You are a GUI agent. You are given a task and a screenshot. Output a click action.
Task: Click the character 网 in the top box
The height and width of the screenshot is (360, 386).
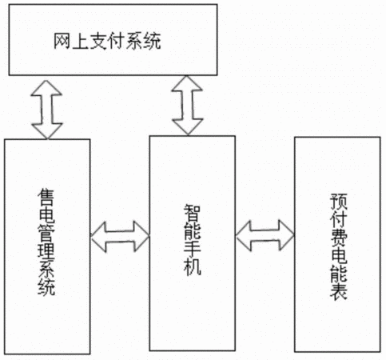pos(62,41)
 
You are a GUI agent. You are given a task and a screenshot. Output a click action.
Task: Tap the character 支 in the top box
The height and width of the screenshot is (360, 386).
pos(98,41)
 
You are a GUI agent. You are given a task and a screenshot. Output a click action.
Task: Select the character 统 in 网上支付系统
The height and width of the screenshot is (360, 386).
pos(153,41)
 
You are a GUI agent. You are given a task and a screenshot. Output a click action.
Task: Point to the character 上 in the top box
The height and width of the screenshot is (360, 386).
pos(81,41)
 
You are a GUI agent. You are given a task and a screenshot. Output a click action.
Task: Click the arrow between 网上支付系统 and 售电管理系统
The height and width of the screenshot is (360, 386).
pos(46,110)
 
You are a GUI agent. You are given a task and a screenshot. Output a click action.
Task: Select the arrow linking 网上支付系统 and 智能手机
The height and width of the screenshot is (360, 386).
pos(187,106)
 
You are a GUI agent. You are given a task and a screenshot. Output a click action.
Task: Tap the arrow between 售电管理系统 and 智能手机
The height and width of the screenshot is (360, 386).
pos(120,236)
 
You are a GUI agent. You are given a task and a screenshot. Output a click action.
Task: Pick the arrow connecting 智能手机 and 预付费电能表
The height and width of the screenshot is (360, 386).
pos(265,235)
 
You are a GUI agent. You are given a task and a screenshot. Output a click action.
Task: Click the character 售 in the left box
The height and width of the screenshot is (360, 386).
pos(46,198)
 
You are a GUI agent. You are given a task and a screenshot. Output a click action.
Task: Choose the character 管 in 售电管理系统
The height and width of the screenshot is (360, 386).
pos(46,234)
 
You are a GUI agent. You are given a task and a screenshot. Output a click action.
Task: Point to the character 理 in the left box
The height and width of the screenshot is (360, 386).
pos(46,251)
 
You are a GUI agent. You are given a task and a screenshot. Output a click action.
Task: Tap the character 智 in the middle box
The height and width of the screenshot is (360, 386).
pos(192,213)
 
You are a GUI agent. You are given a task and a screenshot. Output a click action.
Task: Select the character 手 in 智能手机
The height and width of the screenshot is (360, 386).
pos(192,249)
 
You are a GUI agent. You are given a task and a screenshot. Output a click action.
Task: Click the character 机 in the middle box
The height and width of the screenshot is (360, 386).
pos(192,266)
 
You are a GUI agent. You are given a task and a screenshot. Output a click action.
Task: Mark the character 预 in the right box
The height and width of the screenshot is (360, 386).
pos(339,202)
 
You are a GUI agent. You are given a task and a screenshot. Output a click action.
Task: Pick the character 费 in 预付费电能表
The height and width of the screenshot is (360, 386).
pos(339,238)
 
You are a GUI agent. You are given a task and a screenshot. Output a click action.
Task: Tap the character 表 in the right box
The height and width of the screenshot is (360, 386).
pos(339,291)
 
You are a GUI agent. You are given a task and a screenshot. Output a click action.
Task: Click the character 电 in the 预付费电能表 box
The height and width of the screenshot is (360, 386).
pos(339,255)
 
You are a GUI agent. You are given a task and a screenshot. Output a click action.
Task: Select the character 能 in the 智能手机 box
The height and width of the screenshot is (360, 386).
pos(192,231)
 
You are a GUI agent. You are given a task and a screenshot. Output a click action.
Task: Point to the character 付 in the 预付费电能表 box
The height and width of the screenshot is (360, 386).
pos(339,219)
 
